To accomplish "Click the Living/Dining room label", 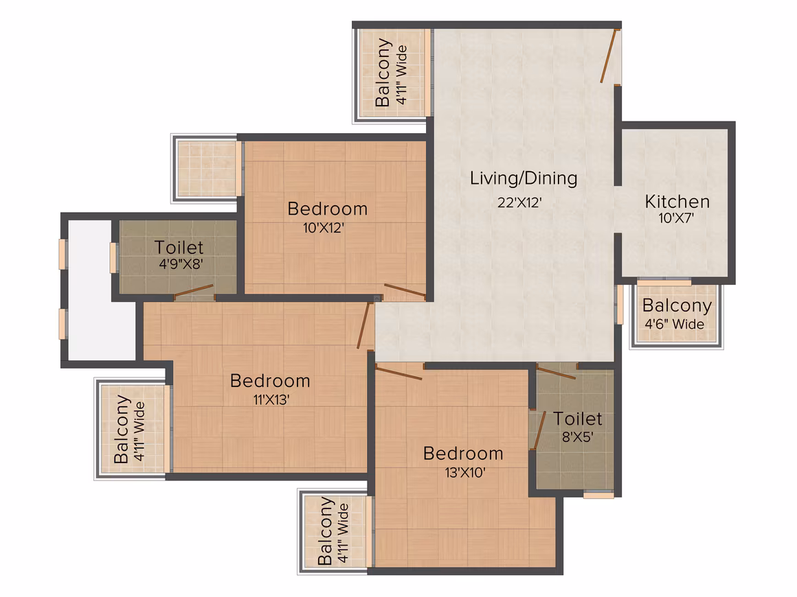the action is pyautogui.click(x=523, y=178).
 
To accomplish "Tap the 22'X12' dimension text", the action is pyautogui.click(x=519, y=202).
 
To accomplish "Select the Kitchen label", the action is pyautogui.click(x=677, y=202).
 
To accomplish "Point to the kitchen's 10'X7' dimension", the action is pyautogui.click(x=676, y=218).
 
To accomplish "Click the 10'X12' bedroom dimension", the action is pyautogui.click(x=324, y=228).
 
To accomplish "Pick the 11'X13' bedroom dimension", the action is pyautogui.click(x=271, y=400).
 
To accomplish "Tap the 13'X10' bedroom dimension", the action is pyautogui.click(x=465, y=473).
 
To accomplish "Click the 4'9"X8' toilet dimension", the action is pyautogui.click(x=181, y=264).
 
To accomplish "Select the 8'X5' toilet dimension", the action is pyautogui.click(x=577, y=437).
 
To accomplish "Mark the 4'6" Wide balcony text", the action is pyautogui.click(x=675, y=324).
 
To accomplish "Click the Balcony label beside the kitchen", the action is pyautogui.click(x=677, y=305).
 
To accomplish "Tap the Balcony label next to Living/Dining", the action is pyautogui.click(x=383, y=72).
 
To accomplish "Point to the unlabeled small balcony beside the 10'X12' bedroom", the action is pyautogui.click(x=206, y=169).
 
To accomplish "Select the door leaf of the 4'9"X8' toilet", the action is pyautogui.click(x=193, y=292).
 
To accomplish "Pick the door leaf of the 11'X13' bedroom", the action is pyautogui.click(x=363, y=325).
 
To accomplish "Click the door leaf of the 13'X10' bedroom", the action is pyautogui.click(x=398, y=372).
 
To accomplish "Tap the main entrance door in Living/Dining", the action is pyautogui.click(x=609, y=56).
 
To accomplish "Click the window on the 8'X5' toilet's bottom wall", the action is pyautogui.click(x=598, y=495).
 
